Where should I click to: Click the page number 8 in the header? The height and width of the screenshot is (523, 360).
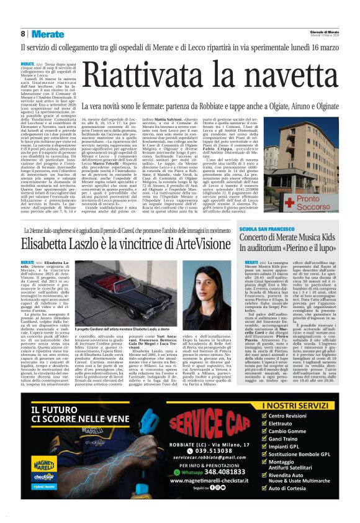click(x=23, y=34)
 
